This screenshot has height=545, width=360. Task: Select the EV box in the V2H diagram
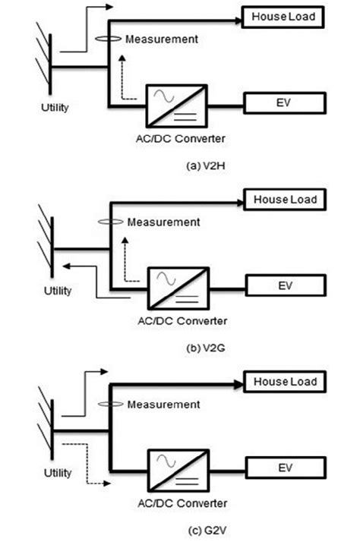[x=284, y=101]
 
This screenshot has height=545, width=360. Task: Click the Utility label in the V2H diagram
[x=54, y=107]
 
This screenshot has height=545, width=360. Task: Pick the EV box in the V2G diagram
[x=286, y=288]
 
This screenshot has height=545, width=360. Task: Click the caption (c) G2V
[x=179, y=528]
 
